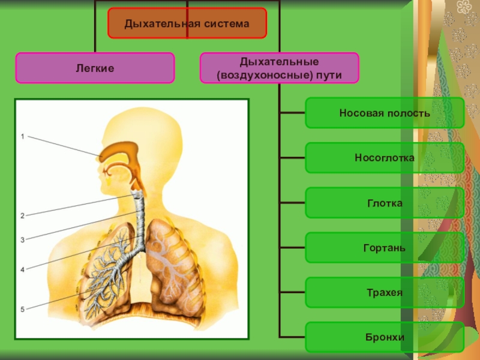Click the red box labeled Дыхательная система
coord(187,23)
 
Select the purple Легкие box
coord(95,68)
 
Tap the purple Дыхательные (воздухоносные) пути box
coord(279,68)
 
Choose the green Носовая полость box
coord(385,113)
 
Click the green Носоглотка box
coord(385,158)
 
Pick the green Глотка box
coord(385,203)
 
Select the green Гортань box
coord(385,248)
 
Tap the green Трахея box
coord(385,293)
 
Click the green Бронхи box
coord(385,337)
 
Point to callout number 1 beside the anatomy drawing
coord(23,137)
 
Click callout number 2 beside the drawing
coord(23,215)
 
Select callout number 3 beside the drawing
coord(23,240)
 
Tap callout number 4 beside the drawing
coord(23,270)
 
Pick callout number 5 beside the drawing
coord(23,310)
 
